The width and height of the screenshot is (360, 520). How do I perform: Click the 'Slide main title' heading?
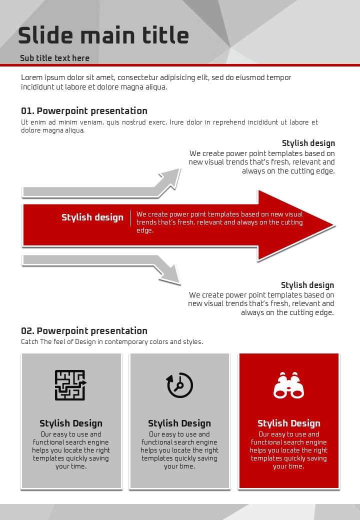103,36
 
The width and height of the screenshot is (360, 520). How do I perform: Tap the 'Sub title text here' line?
54,58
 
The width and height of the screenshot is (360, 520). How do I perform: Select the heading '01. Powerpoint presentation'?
84,111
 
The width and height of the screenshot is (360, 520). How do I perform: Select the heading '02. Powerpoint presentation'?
84,331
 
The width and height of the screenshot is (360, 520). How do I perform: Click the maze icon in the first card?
70,385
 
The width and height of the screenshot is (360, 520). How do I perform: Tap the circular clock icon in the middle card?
179,385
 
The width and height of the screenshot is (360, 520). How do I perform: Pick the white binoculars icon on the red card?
288,385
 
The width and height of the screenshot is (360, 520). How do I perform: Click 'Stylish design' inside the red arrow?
92,217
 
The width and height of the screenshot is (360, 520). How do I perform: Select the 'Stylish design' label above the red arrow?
308,143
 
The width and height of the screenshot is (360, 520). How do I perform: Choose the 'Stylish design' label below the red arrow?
307,285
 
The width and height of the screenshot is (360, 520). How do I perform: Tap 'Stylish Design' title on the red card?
288,423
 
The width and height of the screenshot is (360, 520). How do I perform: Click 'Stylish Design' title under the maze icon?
71,423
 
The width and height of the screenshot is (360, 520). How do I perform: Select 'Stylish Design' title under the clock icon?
179,423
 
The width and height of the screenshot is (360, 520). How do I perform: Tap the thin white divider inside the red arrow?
130,218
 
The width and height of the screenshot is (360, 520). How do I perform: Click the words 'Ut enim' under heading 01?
32,122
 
